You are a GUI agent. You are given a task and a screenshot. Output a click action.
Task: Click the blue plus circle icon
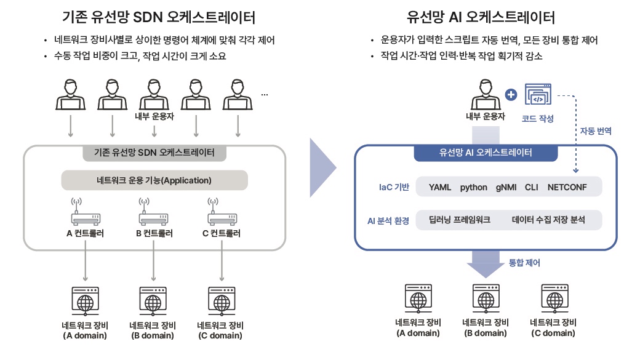[511, 95]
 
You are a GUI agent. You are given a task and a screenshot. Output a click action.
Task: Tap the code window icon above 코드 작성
[538, 95]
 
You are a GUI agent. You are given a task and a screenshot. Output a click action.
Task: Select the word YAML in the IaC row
[440, 187]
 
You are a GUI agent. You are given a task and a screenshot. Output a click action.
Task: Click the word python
[473, 188]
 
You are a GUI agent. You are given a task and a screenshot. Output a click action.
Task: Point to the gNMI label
[506, 187]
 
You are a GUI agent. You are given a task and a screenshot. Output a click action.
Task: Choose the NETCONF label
[567, 187]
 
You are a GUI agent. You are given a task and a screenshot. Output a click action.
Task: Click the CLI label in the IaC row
[532, 187]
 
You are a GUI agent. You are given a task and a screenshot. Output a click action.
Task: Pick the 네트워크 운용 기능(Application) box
[154, 180]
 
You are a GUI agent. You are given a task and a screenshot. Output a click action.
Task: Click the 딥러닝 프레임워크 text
[459, 220]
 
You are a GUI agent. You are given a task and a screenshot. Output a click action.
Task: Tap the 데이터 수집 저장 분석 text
[548, 220]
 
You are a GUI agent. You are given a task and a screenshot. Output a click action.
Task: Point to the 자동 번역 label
[596, 131]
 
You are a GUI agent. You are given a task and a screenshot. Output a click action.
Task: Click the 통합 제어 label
[524, 263]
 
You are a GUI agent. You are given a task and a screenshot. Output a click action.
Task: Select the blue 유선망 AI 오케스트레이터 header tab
[486, 153]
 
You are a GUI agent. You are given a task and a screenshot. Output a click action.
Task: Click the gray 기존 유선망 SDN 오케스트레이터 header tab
[154, 153]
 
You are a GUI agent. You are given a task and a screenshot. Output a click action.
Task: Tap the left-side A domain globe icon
[86, 301]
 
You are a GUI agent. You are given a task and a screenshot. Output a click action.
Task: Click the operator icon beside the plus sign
[486, 95]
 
